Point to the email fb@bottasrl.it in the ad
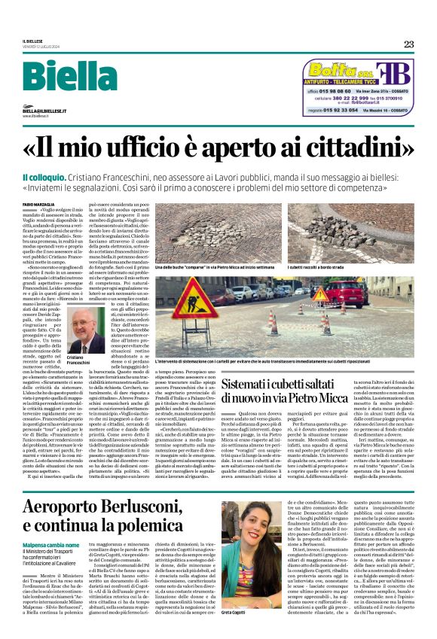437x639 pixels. pyautogui.click(x=379, y=103)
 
